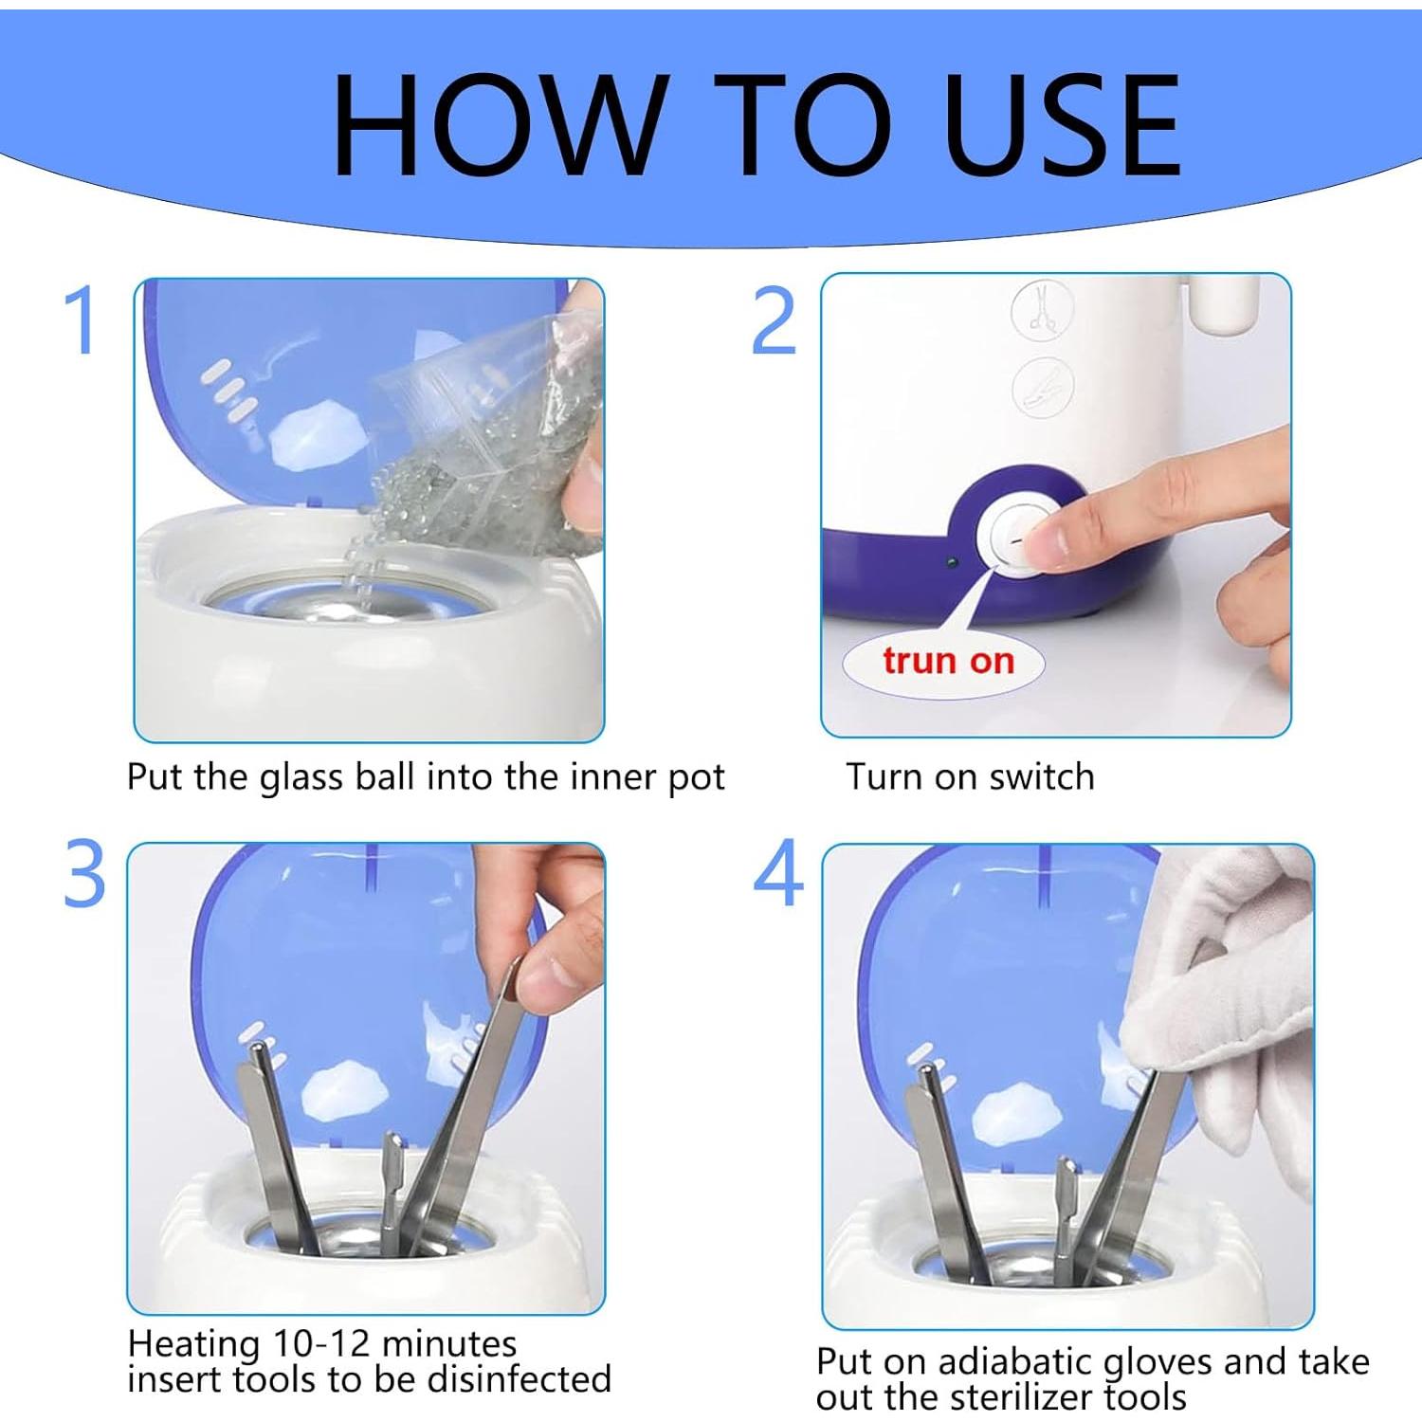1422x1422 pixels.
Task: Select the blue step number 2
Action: [774, 320]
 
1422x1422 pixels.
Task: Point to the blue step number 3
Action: [84, 873]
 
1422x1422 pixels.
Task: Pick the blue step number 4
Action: [778, 872]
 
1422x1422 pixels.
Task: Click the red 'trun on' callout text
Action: [948, 661]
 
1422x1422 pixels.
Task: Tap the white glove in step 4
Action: [1223, 995]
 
